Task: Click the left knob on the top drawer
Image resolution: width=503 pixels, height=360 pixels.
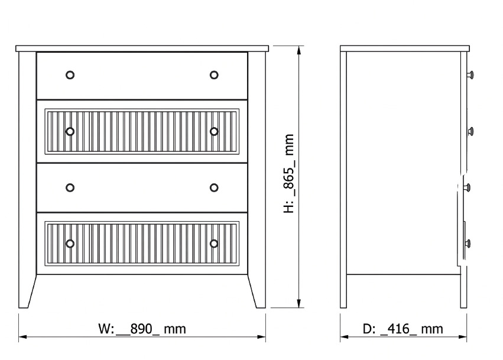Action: [x=70, y=75]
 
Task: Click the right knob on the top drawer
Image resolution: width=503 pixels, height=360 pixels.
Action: [x=214, y=75]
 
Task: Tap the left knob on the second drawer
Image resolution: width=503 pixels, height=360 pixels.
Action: [x=70, y=132]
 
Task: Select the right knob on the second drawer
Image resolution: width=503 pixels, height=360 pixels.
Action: [x=214, y=132]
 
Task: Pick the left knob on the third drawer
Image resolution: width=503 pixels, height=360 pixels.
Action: [x=70, y=188]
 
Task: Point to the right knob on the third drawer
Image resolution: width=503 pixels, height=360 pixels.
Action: [x=214, y=188]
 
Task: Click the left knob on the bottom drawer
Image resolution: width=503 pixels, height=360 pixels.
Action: [x=70, y=244]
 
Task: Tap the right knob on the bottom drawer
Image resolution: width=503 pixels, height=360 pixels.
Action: [x=214, y=244]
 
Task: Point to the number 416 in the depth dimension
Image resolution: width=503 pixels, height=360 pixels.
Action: [x=399, y=329]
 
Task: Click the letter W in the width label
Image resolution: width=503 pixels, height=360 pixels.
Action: [x=104, y=329]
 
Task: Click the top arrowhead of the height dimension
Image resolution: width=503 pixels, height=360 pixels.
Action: [x=299, y=50]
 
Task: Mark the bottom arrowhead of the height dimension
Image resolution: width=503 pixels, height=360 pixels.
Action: [x=299, y=303]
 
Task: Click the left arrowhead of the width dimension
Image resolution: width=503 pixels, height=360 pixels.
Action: [x=23, y=337]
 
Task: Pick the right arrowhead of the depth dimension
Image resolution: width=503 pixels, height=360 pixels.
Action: [x=463, y=337]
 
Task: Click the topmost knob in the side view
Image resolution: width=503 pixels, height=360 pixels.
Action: [x=470, y=75]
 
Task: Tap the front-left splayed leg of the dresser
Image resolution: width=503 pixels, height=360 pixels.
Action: [x=28, y=180]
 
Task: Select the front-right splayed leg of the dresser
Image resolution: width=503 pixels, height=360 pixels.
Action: [x=257, y=180]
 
